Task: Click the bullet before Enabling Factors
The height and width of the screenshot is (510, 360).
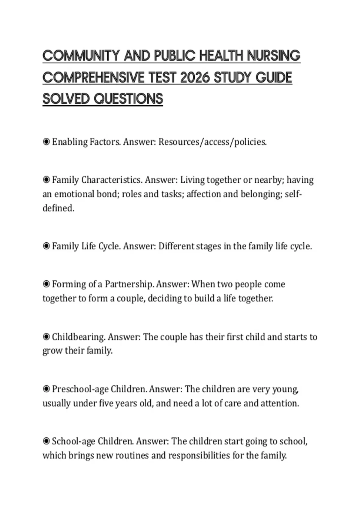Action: pos(46,142)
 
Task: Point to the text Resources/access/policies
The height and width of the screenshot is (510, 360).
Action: pos(212,142)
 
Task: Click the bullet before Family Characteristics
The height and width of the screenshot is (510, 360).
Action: pos(46,180)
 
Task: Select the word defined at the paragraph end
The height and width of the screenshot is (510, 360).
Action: pos(58,208)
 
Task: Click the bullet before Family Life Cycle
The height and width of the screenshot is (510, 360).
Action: pos(46,246)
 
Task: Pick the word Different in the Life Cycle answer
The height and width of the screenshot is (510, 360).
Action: pos(176,246)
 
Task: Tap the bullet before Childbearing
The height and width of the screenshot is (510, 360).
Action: pos(46,337)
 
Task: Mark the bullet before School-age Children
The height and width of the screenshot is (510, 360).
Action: pos(46,441)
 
